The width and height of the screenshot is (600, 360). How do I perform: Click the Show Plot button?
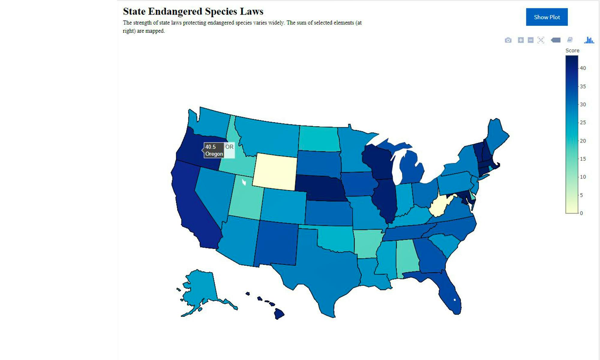547,17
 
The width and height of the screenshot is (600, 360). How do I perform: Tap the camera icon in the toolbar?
508,40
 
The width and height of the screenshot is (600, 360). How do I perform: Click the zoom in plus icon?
521,40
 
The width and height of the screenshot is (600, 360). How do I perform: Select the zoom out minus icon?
530,40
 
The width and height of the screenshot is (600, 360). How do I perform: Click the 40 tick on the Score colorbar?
583,68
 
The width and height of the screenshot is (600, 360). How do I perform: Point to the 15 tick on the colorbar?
583,159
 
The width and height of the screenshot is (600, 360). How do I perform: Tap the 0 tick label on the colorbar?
581,213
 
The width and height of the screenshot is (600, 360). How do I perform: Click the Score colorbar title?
572,50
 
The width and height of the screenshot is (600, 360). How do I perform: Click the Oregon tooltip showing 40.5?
214,150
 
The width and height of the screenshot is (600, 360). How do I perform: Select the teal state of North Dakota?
319,139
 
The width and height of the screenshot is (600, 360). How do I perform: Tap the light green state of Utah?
246,201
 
